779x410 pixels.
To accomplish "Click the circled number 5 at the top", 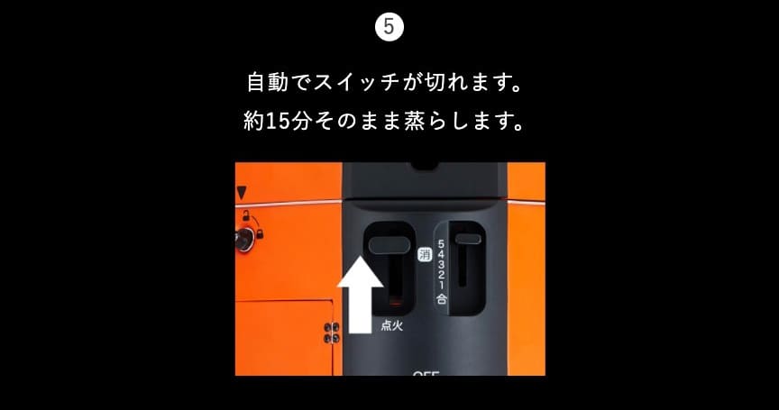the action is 389,27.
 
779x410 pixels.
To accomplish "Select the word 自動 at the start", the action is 267,82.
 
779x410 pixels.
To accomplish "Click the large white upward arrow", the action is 360,294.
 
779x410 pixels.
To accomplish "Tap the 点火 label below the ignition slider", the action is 391,325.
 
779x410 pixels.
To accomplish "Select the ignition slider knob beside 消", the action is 389,245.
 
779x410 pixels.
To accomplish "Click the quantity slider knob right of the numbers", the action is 468,239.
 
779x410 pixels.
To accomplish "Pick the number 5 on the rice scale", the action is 441,244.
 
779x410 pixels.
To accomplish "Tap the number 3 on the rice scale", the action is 441,265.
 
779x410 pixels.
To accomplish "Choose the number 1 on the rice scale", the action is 441,286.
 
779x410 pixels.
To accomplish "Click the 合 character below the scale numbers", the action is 441,299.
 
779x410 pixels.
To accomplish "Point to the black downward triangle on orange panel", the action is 242,193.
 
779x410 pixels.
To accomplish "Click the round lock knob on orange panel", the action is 244,240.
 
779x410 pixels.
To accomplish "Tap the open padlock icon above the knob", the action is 246,215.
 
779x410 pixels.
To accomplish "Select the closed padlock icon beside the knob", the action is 260,233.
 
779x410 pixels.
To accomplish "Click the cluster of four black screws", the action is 332,333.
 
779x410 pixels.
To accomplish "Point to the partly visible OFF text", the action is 426,373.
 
